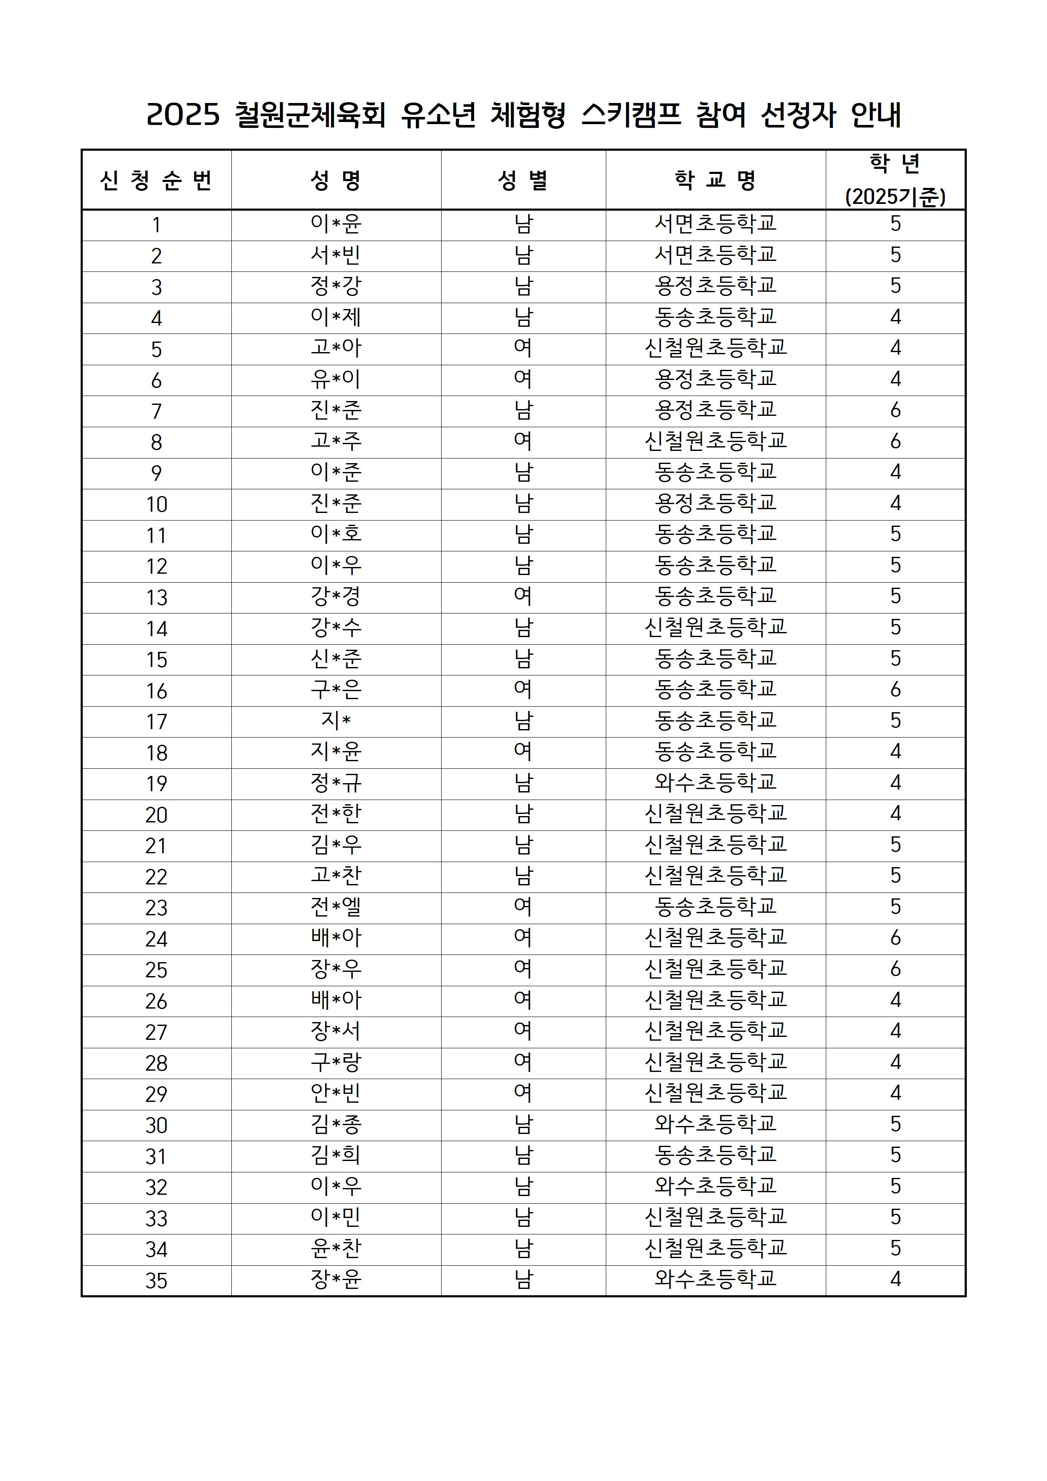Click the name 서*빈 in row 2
tap(336, 255)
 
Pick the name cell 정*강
tap(336, 286)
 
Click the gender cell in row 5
tap(523, 348)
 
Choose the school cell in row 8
tap(716, 441)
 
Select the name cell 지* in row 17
tap(336, 721)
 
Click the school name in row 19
tap(716, 782)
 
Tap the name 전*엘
tap(336, 907)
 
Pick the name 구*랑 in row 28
tap(336, 1062)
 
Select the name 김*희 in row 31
tap(336, 1155)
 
